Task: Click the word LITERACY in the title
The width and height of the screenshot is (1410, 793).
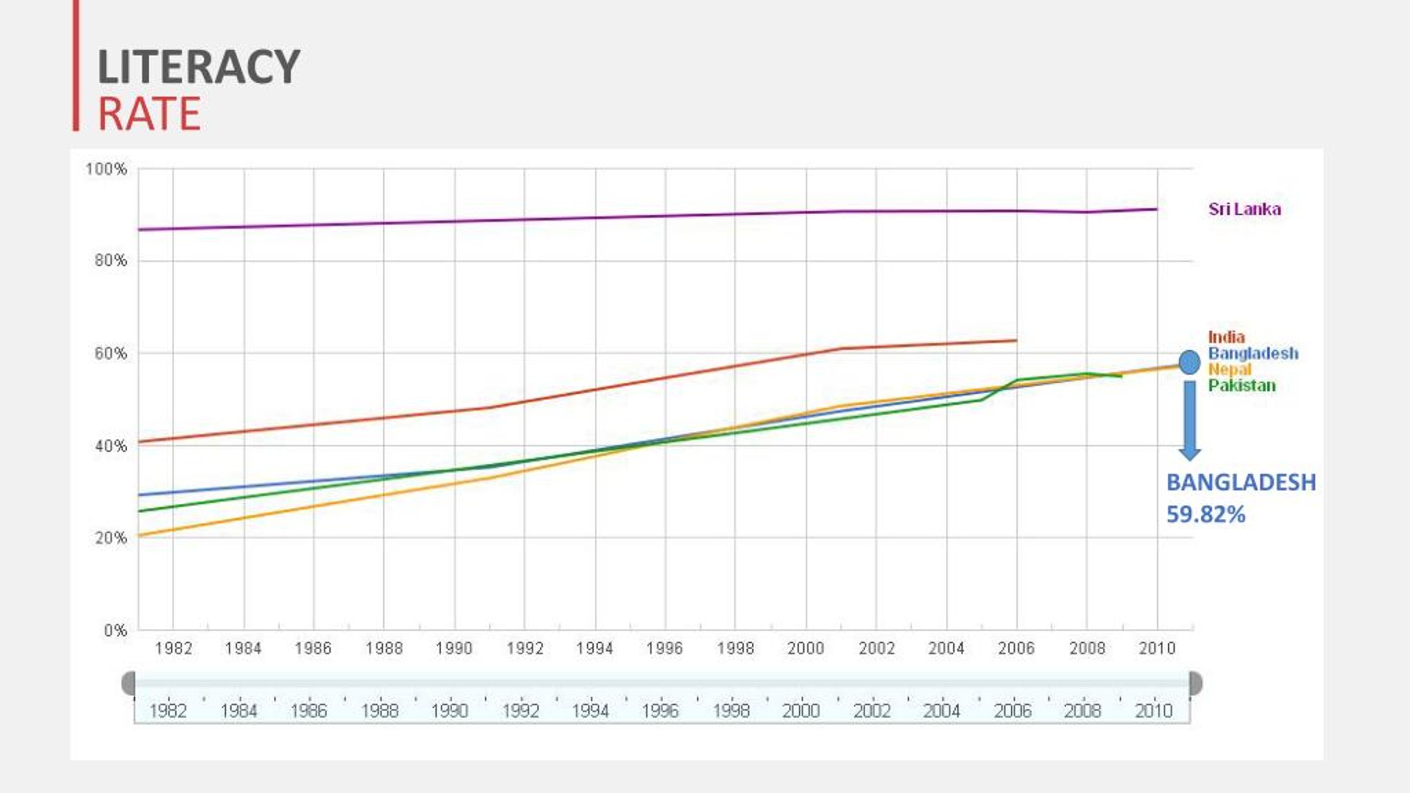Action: (x=198, y=67)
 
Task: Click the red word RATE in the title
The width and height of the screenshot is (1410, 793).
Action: (x=149, y=113)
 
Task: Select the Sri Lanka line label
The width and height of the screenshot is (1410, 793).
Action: (x=1244, y=209)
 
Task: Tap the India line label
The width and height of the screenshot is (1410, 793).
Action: (x=1226, y=337)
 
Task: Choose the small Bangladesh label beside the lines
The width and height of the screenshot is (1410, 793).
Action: (x=1253, y=353)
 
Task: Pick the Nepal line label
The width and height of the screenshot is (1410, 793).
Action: (x=1229, y=369)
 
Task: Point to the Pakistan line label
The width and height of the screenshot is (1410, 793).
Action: (x=1241, y=385)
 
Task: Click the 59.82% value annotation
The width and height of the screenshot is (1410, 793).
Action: (x=1206, y=515)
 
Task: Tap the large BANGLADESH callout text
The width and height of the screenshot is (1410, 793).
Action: (x=1241, y=482)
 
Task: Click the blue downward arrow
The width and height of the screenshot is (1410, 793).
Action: (x=1190, y=421)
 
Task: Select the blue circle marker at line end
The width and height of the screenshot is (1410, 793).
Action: (x=1189, y=362)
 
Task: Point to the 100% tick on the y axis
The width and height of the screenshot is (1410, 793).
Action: (x=106, y=169)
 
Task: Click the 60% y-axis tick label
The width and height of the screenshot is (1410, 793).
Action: (x=110, y=354)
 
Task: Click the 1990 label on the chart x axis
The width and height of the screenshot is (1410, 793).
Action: (x=454, y=649)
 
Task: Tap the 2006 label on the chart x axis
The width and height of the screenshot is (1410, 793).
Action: (x=1016, y=649)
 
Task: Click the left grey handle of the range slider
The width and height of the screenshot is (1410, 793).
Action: (x=128, y=683)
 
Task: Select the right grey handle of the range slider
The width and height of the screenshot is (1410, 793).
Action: (x=1196, y=683)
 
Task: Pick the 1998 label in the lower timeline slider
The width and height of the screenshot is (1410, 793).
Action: (x=731, y=711)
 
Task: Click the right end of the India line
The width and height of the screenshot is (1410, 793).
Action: (x=1016, y=341)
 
